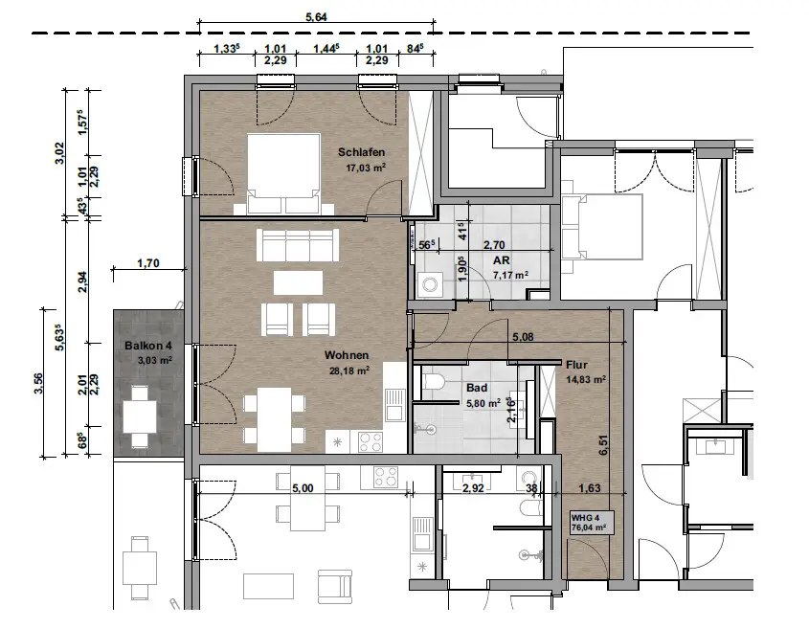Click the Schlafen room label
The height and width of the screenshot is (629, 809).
tap(361, 152)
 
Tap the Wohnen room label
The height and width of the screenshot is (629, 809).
tap(347, 355)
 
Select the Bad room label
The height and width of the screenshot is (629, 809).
tap(477, 388)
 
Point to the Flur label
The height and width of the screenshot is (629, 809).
tap(576, 365)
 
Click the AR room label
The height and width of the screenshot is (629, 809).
tap(501, 260)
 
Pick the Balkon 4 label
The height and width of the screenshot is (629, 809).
tap(148, 346)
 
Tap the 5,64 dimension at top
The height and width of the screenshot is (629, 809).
tap(316, 17)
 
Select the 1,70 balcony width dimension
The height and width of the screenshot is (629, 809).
tap(148, 263)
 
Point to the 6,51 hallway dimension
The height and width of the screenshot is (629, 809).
tap(603, 445)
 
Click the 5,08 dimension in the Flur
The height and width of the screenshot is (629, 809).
tap(523, 337)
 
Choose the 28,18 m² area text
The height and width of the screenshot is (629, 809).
tap(348, 370)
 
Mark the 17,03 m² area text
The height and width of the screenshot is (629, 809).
tap(366, 168)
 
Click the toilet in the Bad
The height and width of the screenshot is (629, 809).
tap(433, 382)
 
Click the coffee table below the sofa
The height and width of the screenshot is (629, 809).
tap(298, 282)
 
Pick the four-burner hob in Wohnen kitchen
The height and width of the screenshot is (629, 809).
tap(371, 442)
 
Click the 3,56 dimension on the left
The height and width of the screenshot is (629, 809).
tap(38, 383)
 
